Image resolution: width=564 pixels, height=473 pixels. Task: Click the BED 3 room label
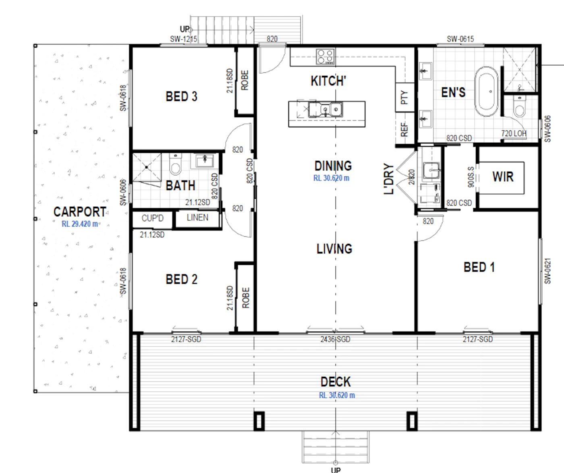pos(182,96)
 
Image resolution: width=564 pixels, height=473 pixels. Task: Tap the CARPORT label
pos(80,212)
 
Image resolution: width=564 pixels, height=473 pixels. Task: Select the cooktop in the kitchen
pos(326,56)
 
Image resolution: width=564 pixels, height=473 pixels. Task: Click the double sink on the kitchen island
pos(326,110)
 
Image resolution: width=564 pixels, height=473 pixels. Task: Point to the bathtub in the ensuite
pos(487,91)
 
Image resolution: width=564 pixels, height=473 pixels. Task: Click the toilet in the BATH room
pos(176,164)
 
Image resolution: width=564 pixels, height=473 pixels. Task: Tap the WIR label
pos(503,176)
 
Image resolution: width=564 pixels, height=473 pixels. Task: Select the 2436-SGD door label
pos(335,339)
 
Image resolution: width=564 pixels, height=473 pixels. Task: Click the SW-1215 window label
pos(183,39)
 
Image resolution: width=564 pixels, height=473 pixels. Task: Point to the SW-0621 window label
pos(547,271)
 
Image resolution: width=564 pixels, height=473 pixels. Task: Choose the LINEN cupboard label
pos(197,218)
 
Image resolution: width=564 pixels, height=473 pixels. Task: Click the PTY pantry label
pos(404,97)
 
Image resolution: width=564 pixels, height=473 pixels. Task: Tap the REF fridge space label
pos(404,129)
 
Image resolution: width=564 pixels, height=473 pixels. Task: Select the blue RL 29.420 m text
pos(80,224)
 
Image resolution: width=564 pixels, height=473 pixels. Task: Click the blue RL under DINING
pos(331,178)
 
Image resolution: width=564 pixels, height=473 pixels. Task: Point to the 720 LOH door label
pos(514,133)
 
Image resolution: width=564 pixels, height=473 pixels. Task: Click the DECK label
pos(336,382)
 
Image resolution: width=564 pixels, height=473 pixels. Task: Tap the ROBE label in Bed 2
pos(245,298)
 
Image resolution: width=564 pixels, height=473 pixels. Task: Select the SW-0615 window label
pos(460,39)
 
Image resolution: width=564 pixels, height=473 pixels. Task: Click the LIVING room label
pos(334,249)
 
